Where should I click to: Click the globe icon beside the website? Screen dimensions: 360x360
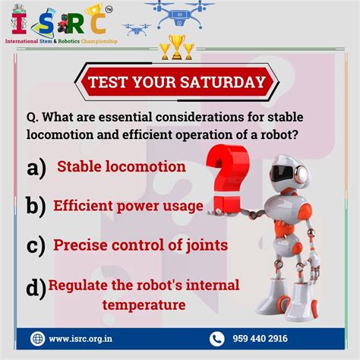pyautogui.click(x=39, y=338)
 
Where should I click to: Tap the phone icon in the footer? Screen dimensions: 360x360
pyautogui.click(x=217, y=338)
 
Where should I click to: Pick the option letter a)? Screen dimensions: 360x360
pyautogui.click(x=36, y=166)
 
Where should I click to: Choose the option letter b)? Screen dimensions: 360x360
pyautogui.click(x=35, y=206)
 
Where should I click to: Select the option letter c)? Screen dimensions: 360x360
pyautogui.click(x=35, y=245)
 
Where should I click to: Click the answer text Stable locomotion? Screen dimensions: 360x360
pyautogui.click(x=121, y=166)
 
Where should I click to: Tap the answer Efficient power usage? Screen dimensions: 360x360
pyautogui.click(x=128, y=206)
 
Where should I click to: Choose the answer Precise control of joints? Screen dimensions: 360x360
pyautogui.click(x=130, y=246)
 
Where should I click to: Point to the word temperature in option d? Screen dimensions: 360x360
pyautogui.click(x=144, y=305)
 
